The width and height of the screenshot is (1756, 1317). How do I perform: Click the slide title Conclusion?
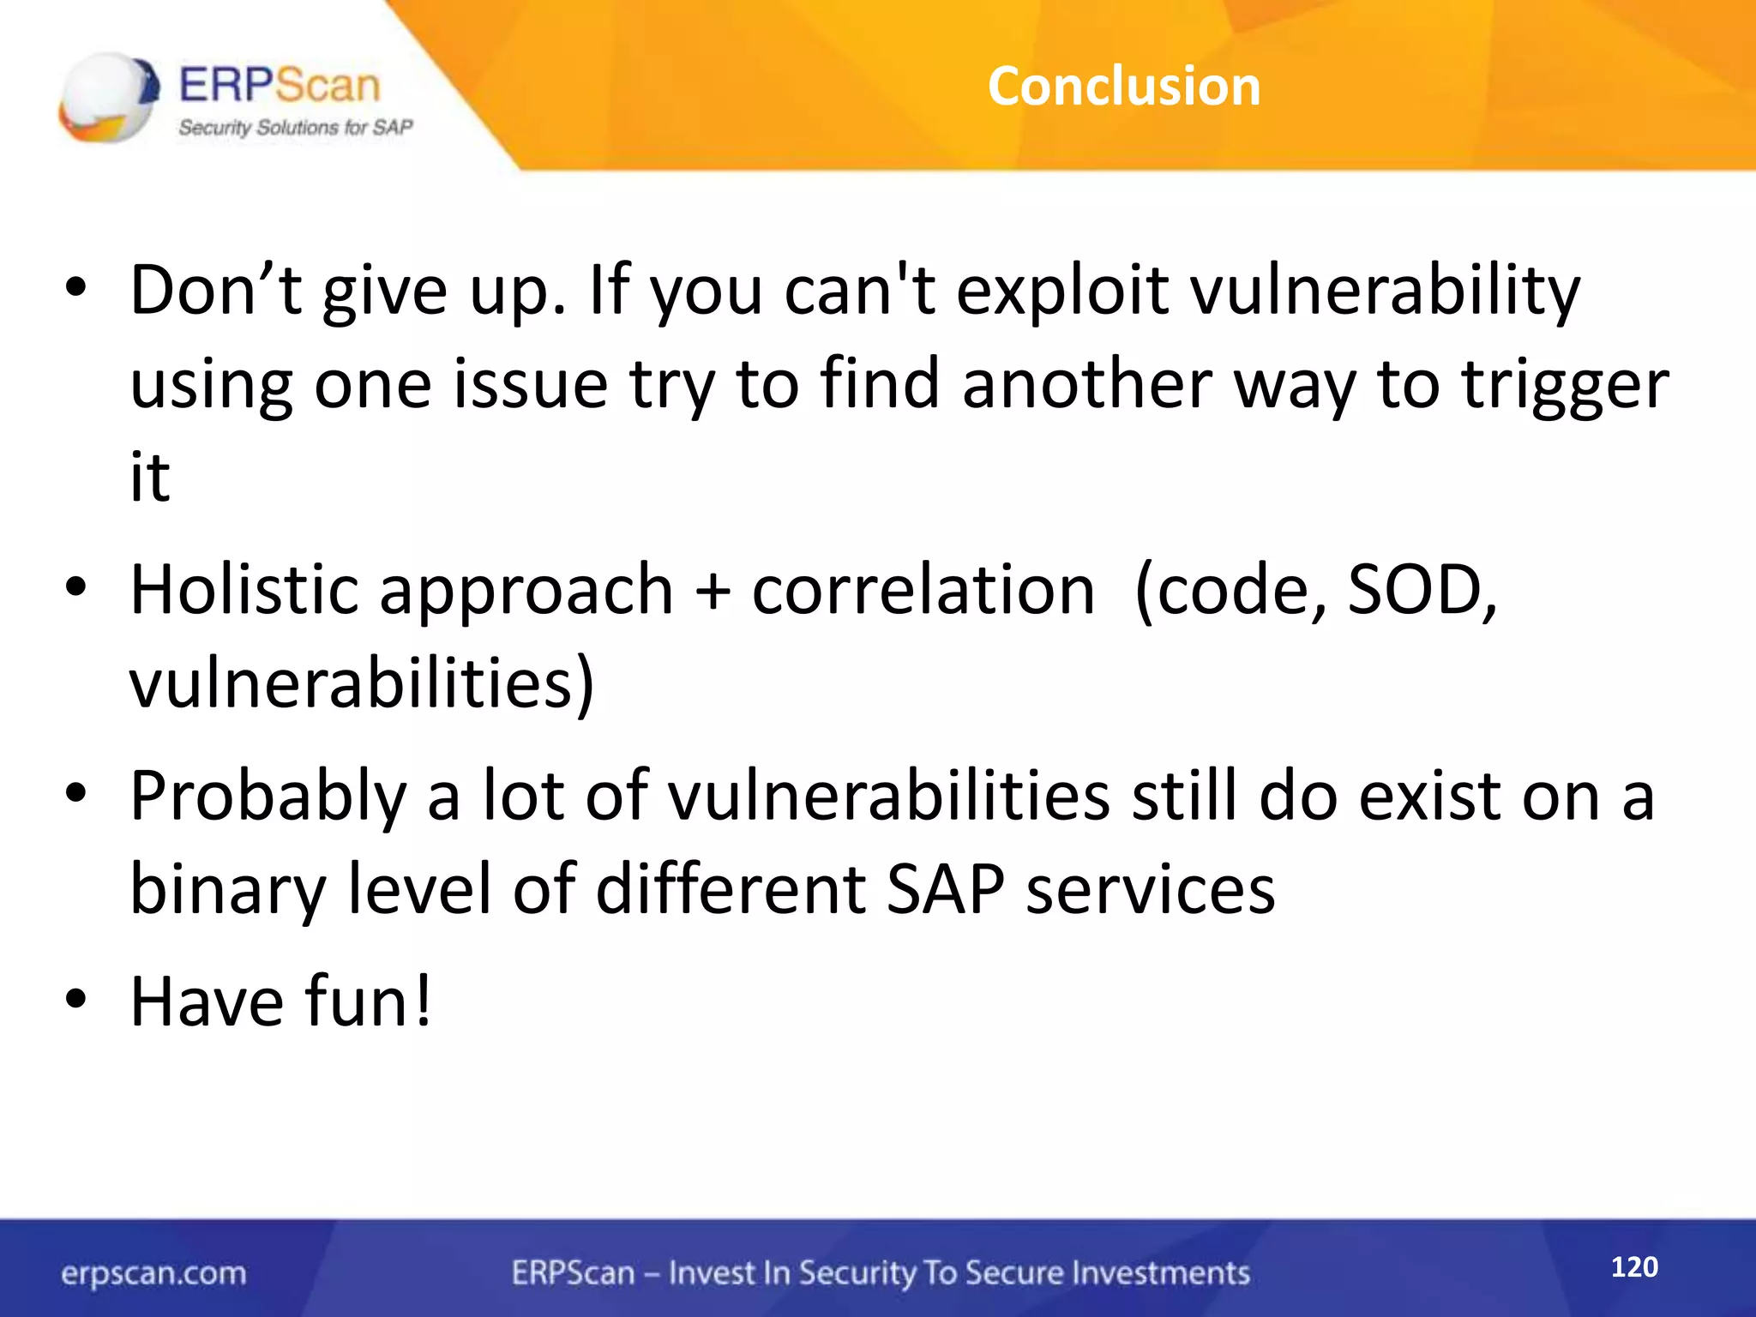(1124, 87)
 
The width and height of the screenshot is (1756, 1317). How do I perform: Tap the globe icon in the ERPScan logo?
(108, 97)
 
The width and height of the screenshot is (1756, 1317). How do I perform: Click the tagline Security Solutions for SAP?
(295, 128)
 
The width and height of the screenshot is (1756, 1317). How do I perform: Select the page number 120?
(1634, 1266)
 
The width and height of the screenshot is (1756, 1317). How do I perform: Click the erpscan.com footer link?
(153, 1273)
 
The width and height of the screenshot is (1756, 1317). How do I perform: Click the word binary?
(228, 890)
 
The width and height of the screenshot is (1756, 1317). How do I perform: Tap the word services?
(1150, 890)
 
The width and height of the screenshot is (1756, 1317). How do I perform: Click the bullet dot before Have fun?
(76, 999)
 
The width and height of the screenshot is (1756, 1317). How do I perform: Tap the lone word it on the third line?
(150, 477)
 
